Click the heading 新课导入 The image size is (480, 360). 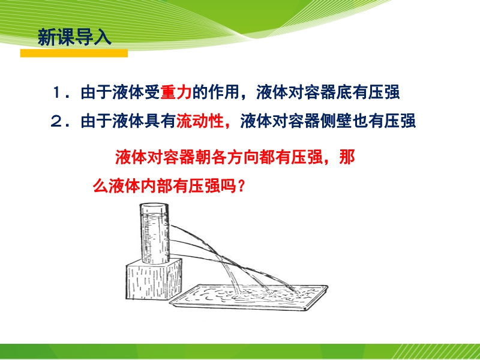[74, 38]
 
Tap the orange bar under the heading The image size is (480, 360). [74, 53]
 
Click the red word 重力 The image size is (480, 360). [176, 92]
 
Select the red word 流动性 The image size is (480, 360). [200, 121]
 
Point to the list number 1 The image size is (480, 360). [58, 93]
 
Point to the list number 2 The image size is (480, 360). [57, 121]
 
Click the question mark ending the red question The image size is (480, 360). [241, 186]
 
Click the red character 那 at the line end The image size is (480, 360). [347, 157]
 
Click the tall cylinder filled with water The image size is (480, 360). [155, 233]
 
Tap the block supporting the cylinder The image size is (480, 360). [154, 279]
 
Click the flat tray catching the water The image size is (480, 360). [248, 297]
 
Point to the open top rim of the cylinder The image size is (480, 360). [154, 206]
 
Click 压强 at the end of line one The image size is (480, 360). [384, 92]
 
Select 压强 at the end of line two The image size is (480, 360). [400, 121]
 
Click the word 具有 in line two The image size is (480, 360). [160, 121]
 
